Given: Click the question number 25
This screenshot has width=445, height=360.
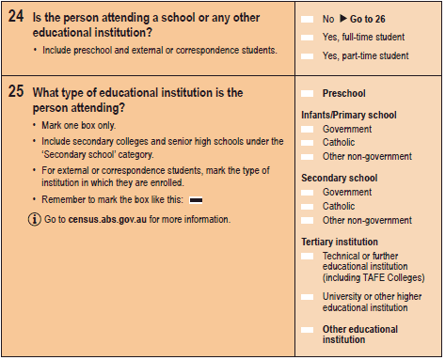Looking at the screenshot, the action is tap(16, 92).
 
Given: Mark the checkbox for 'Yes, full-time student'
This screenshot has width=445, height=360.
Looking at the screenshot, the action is tap(307, 38).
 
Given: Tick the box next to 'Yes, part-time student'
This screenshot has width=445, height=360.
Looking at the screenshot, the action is tap(307, 56).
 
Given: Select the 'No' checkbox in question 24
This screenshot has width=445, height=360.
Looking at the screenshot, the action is tap(307, 19).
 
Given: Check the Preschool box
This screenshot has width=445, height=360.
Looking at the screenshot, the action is tap(307, 94).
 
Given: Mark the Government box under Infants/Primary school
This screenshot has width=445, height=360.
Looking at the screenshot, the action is tap(307, 130).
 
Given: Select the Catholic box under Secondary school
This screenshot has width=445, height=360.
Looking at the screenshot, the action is tap(307, 206).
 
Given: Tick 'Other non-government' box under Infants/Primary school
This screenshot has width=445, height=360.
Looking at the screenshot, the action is tap(307, 156).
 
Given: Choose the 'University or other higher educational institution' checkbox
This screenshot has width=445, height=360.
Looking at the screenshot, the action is tap(307, 296).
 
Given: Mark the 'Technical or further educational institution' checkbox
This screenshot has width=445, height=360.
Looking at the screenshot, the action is tap(307, 257).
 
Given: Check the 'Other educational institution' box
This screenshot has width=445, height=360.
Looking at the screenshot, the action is tap(307, 329).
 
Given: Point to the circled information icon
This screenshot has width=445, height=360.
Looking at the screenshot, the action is tap(34, 219).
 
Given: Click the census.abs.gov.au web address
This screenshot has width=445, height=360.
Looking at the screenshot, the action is tap(109, 219).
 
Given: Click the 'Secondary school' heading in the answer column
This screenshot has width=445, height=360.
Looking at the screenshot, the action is tap(339, 178).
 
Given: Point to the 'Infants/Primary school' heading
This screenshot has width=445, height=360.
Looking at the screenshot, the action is tap(348, 116).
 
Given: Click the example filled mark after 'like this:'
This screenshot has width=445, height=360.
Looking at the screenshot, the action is tap(197, 200).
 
